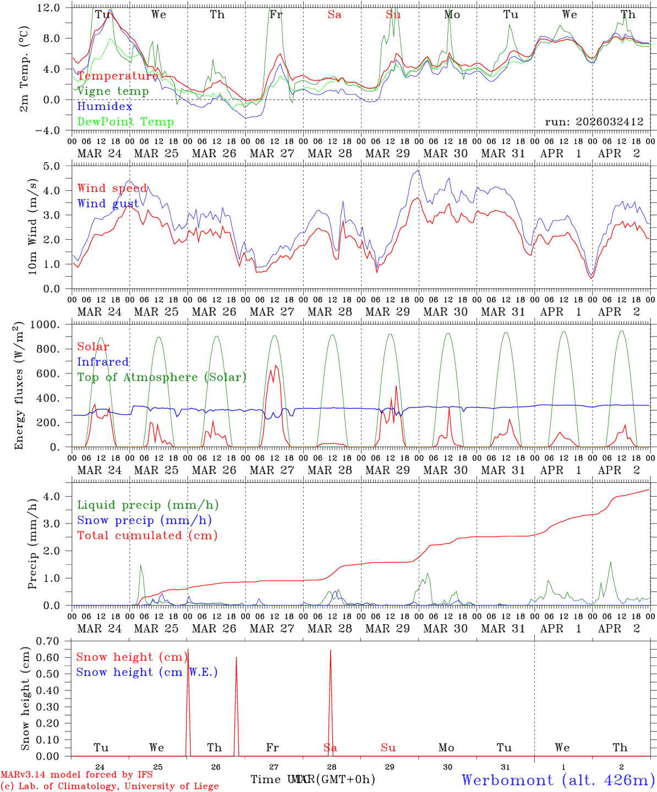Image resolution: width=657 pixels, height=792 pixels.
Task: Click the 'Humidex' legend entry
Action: click(105, 107)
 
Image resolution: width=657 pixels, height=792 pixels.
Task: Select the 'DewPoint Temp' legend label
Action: click(125, 122)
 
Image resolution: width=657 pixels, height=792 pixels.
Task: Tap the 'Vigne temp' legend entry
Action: click(113, 91)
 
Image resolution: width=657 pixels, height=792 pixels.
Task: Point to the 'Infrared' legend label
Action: click(103, 362)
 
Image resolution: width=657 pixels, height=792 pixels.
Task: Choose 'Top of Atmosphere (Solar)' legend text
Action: click(161, 377)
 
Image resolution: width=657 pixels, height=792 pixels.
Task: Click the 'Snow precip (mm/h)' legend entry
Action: click(144, 520)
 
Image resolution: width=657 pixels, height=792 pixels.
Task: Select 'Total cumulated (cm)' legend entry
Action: click(147, 536)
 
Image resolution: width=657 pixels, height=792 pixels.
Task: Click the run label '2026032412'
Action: click(594, 122)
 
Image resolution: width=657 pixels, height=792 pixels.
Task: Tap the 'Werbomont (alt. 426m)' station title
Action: click(557, 780)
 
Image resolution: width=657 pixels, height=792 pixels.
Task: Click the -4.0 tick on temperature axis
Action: click(49, 130)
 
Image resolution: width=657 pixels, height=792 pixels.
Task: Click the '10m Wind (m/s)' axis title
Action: click(32, 227)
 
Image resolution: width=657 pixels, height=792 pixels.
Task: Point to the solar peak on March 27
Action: click(276, 365)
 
